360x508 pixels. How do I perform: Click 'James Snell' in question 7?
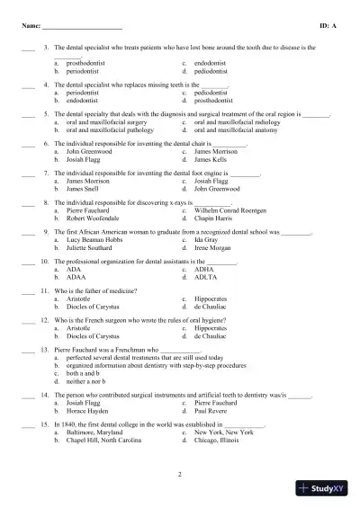86,189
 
